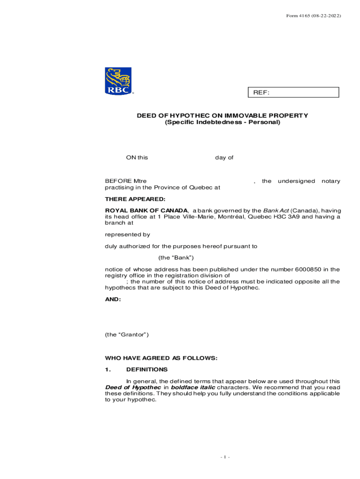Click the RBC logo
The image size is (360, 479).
[x=118, y=81]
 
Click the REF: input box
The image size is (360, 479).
[x=293, y=93]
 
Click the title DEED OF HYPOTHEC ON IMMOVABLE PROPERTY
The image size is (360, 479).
[x=222, y=116]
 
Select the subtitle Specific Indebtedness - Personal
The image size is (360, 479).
[x=222, y=122]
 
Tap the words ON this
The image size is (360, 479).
[x=137, y=158]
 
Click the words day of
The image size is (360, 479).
[x=224, y=158]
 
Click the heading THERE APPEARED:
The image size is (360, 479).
[x=129, y=199]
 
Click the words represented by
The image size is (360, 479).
[x=127, y=234]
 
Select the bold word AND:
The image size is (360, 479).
[x=113, y=299]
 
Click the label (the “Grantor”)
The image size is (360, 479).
[x=127, y=334]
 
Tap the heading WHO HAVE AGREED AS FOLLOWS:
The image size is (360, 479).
[x=161, y=358]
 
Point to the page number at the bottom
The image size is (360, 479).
[x=225, y=457]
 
